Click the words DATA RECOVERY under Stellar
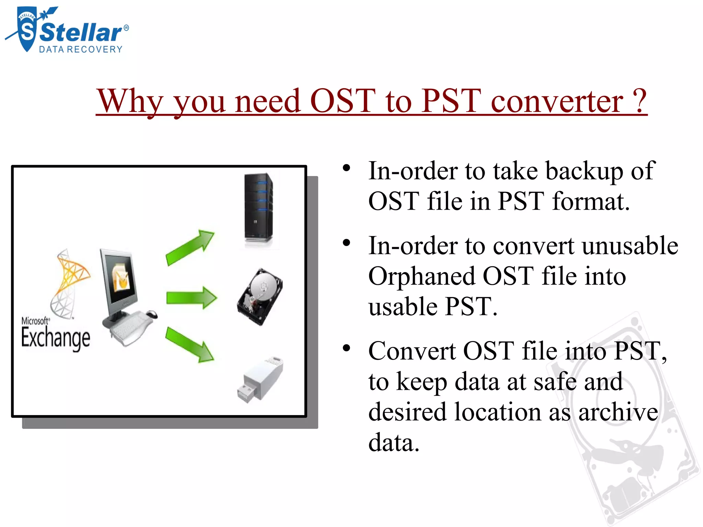tap(81, 50)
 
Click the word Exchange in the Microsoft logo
tap(56, 338)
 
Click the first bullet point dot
tap(346, 168)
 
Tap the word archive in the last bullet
tap(618, 412)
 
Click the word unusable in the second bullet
tap(630, 246)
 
